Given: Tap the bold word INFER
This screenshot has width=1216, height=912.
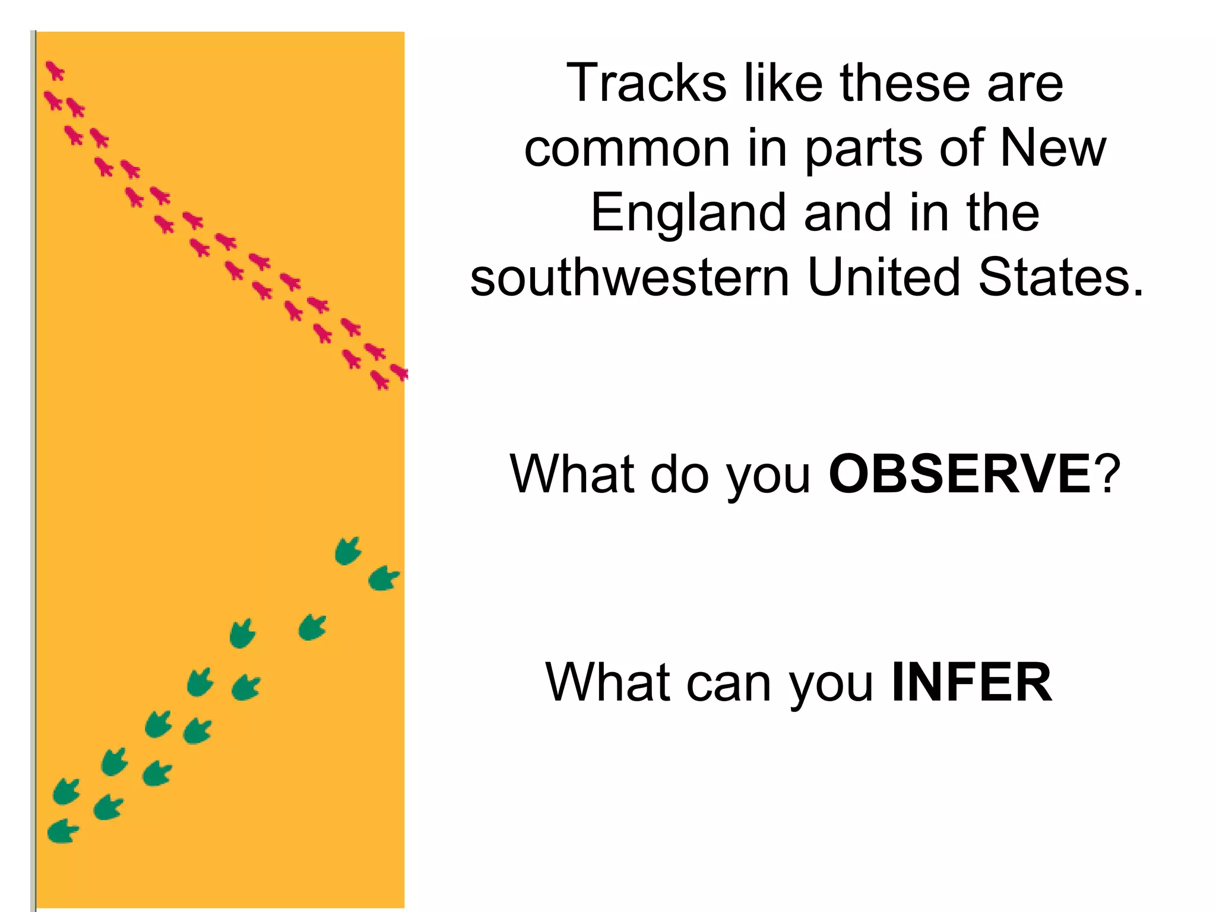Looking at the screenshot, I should point(972,683).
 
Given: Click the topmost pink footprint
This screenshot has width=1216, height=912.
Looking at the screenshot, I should point(55,71).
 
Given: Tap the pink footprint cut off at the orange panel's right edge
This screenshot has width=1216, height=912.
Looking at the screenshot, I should point(400,372).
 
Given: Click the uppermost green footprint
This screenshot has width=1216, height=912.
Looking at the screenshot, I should point(348,551).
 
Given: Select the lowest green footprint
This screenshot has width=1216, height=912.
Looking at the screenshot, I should point(62,831).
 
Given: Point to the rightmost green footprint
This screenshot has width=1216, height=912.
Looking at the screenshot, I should point(384,578).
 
